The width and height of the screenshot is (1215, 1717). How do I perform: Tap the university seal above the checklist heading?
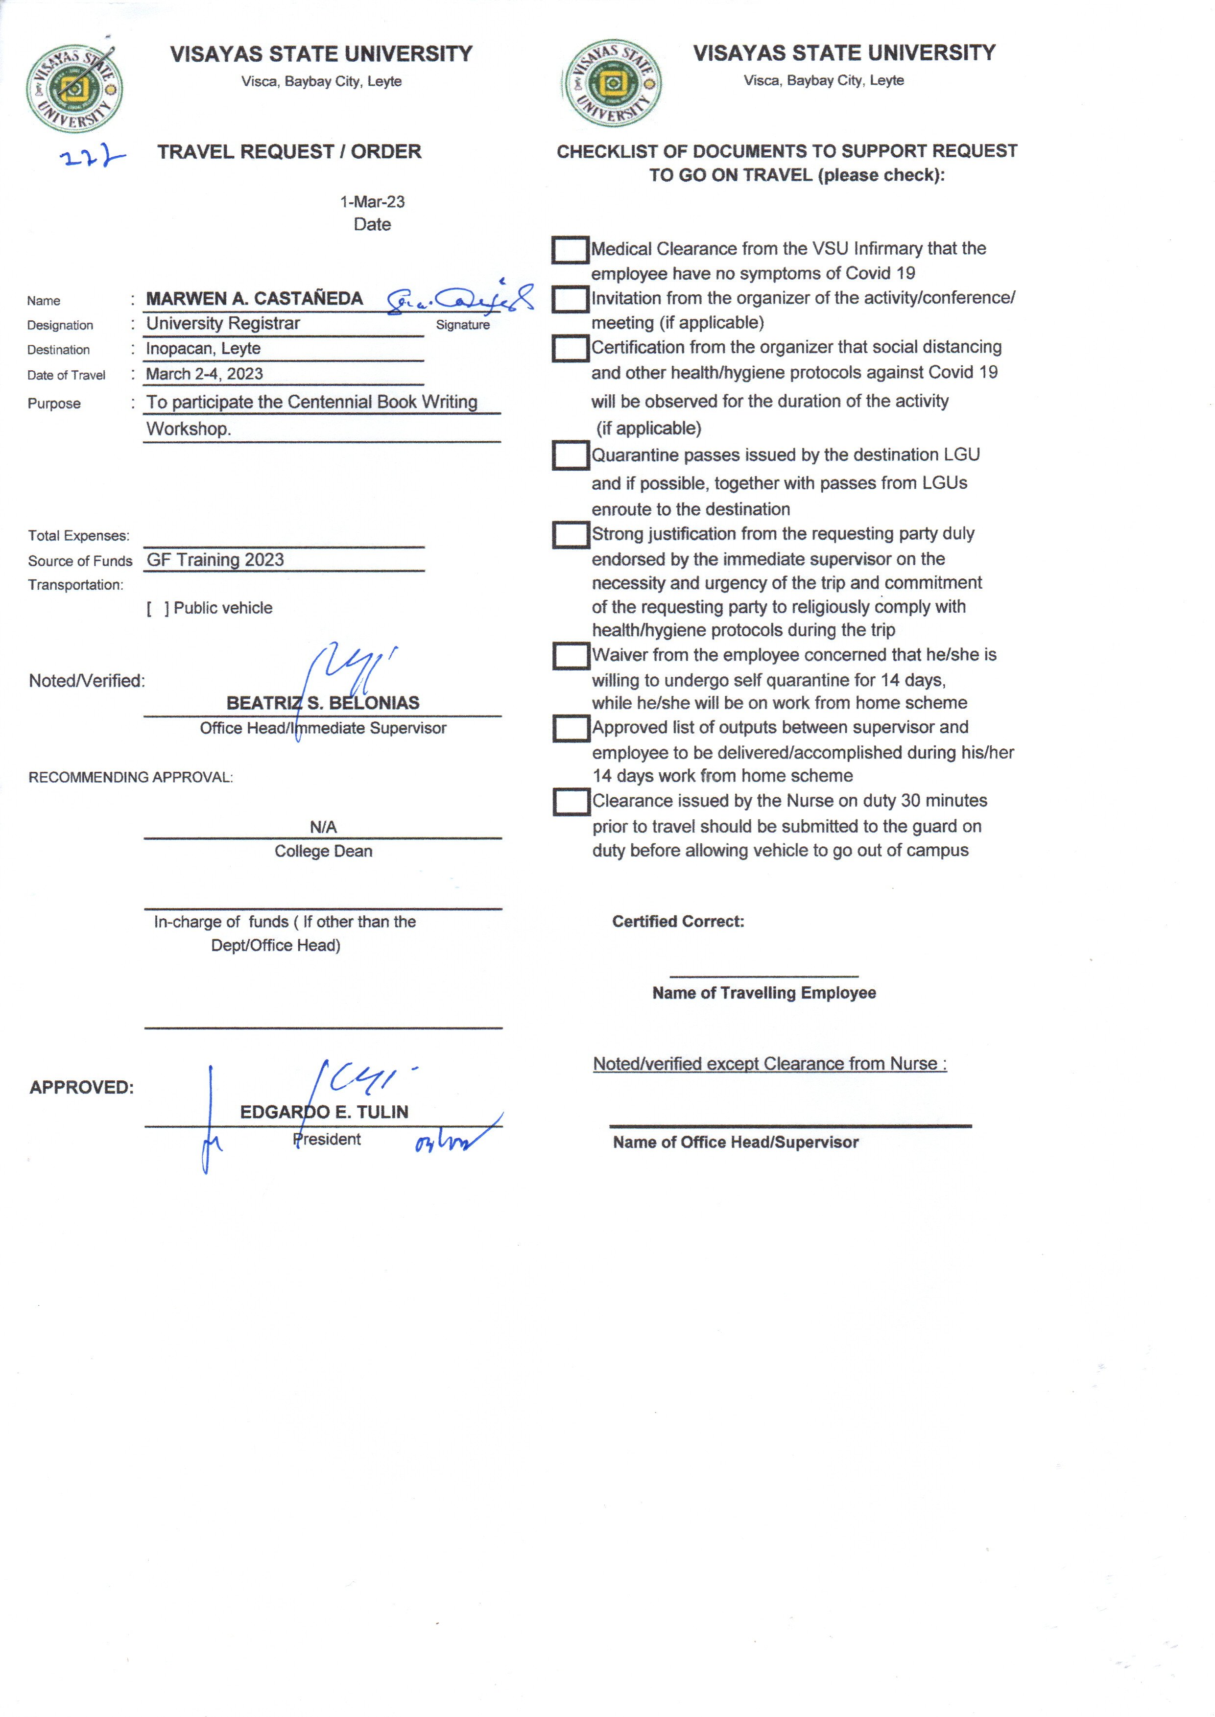(611, 83)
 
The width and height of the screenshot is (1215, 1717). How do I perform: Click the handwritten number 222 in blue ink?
(91, 157)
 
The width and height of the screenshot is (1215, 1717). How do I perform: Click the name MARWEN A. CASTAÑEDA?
(254, 299)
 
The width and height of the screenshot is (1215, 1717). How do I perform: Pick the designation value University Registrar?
(223, 324)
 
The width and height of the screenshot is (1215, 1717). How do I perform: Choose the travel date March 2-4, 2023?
(204, 374)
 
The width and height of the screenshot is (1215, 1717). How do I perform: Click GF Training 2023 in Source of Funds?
(215, 560)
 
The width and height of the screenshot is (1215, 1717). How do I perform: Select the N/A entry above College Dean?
(323, 827)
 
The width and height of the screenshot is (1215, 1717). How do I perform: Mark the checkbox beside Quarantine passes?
(570, 455)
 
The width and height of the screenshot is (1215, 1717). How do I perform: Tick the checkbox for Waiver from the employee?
(571, 655)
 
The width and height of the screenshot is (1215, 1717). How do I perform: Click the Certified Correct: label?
(678, 922)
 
